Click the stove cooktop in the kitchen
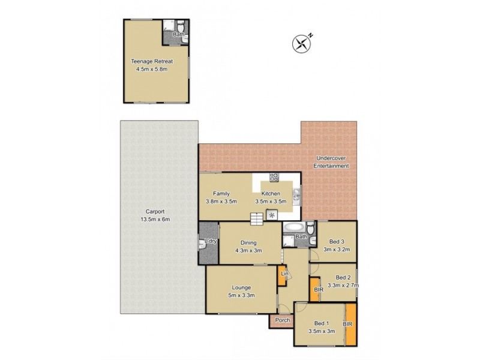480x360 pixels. [x=274, y=177]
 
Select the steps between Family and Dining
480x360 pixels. [x=257, y=220]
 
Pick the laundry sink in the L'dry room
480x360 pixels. [x=202, y=244]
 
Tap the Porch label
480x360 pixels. [x=282, y=320]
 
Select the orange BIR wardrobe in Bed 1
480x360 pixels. [x=349, y=324]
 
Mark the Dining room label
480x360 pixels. [x=250, y=242]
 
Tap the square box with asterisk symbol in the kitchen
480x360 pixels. [x=271, y=215]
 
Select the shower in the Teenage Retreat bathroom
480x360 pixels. [x=169, y=26]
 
